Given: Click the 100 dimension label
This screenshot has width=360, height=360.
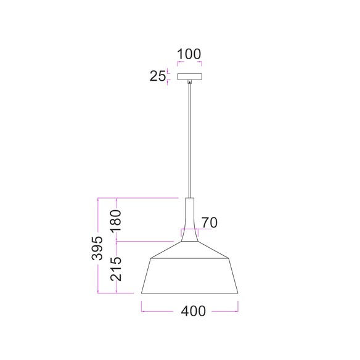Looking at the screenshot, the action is [189, 54].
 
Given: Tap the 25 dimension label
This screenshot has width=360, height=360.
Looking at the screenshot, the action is [158, 76].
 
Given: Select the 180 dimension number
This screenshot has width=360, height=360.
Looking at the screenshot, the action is [116, 221].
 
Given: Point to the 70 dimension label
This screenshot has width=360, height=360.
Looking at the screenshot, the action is [210, 223].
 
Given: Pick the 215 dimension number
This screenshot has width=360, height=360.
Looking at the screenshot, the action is [116, 269].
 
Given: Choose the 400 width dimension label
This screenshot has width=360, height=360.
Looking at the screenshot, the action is [194, 311].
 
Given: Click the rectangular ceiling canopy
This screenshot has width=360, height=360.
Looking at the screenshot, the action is [189, 76].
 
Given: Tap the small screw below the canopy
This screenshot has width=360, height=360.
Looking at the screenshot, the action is [189, 81].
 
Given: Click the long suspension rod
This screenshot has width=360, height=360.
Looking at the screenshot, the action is [189, 141].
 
